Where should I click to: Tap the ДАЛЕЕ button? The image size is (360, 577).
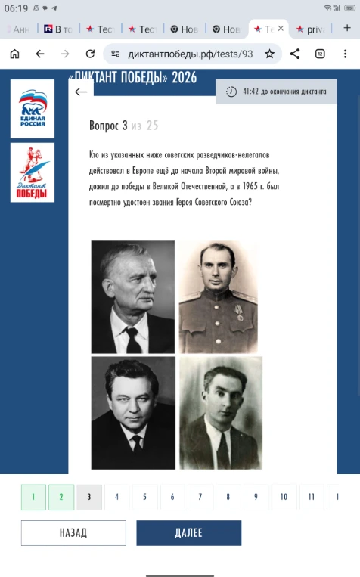[188, 532]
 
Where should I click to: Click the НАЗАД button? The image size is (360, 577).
[73, 532]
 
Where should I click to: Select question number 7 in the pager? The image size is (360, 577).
[200, 497]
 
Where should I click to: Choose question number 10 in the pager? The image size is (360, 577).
[284, 497]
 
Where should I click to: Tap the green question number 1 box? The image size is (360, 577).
[33, 497]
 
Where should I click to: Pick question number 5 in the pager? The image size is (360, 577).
[144, 497]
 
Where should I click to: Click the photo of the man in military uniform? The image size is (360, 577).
[219, 296]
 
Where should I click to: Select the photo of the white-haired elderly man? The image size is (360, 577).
[133, 296]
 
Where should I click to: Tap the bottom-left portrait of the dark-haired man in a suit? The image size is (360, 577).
[133, 413]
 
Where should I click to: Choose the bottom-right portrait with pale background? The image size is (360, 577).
[220, 413]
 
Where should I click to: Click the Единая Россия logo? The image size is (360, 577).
[33, 108]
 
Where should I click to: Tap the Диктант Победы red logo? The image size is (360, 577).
[33, 174]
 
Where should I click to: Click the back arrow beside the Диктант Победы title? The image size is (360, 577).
[81, 92]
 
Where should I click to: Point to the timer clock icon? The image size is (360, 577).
[231, 92]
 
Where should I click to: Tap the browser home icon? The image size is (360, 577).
[14, 54]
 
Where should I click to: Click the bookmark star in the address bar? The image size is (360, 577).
[269, 54]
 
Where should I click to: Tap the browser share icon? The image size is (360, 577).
[295, 54]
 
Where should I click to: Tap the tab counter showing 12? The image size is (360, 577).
[320, 54]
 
